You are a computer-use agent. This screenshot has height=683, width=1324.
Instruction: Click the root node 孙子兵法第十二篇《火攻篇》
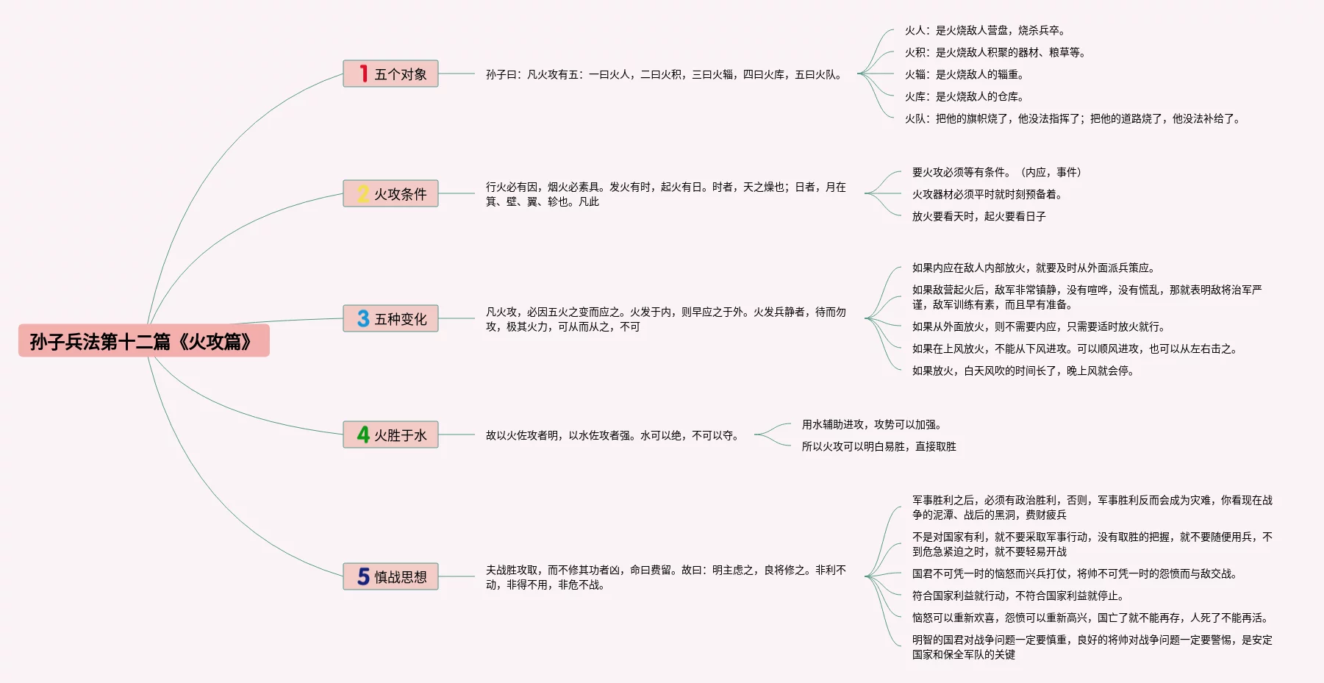click(143, 341)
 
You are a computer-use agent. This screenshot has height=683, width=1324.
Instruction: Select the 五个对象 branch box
click(390, 74)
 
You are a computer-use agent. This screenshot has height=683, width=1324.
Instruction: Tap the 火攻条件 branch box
click(390, 193)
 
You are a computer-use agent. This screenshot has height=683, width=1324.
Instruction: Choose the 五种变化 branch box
click(390, 318)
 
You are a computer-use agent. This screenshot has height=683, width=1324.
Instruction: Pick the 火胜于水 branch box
click(390, 435)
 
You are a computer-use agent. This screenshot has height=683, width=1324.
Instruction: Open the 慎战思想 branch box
click(390, 576)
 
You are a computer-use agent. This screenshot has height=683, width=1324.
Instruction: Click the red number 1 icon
click(363, 74)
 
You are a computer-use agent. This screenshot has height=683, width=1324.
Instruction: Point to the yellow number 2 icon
click(363, 193)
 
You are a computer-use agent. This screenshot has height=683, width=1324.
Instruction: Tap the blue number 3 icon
click(363, 318)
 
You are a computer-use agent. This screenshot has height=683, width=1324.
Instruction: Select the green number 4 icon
click(363, 435)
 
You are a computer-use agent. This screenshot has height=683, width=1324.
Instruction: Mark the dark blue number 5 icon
click(363, 576)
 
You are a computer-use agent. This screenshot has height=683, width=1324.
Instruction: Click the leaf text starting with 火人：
click(984, 30)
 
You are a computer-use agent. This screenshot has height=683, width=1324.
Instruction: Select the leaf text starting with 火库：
click(964, 96)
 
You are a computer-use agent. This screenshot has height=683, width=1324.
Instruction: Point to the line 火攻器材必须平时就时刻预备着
click(987, 194)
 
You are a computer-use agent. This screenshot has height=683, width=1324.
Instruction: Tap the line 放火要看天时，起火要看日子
click(978, 216)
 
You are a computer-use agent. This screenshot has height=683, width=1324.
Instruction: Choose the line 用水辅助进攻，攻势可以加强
click(871, 424)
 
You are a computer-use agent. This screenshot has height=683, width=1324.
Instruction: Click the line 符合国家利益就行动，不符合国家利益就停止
click(1017, 596)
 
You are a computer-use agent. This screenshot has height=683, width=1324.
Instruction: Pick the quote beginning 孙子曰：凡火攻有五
click(665, 74)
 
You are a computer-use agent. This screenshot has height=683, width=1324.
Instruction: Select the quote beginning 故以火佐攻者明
click(612, 435)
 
